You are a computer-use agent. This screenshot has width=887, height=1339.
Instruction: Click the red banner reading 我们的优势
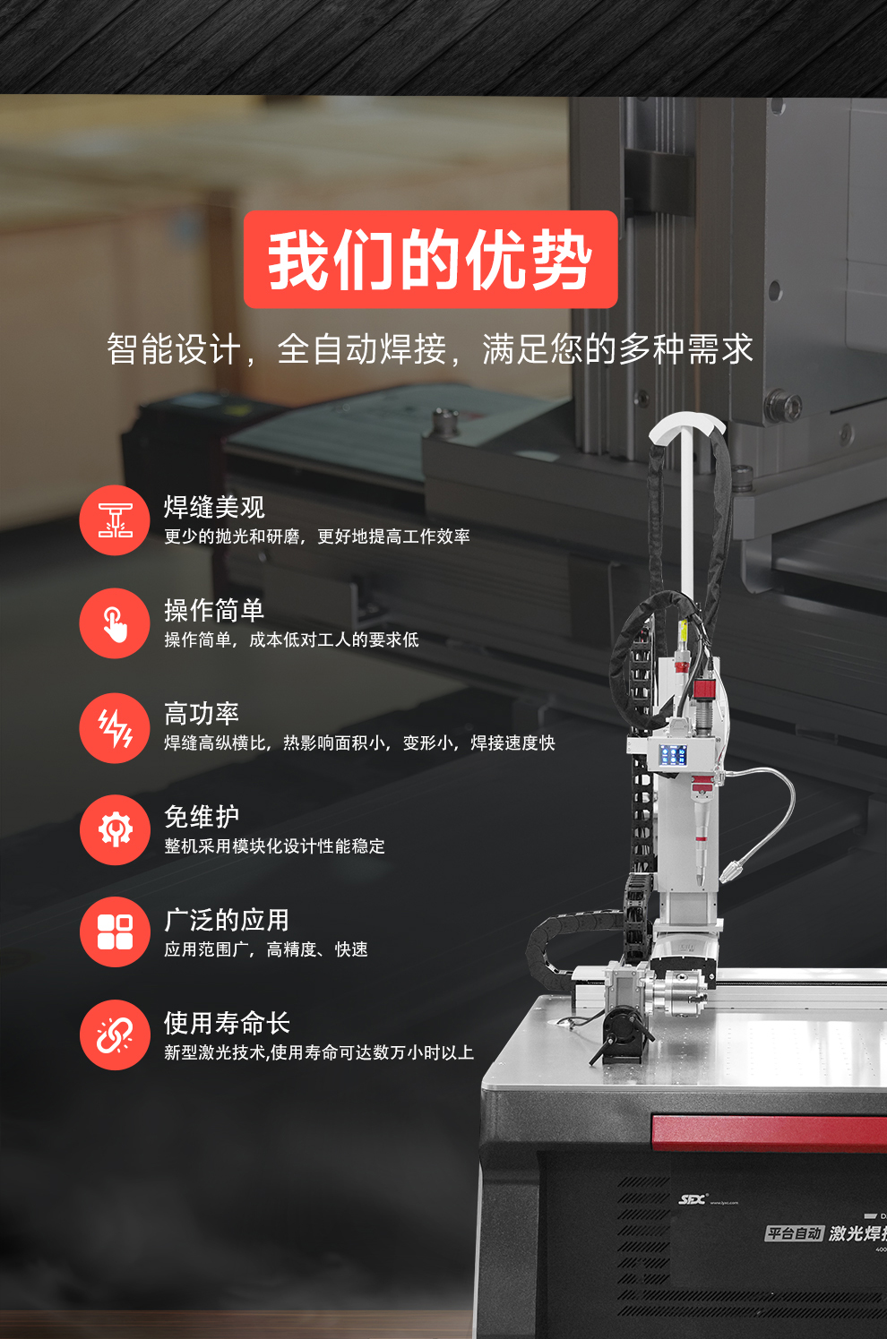tap(430, 260)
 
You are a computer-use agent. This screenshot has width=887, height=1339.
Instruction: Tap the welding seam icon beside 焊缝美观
tap(115, 520)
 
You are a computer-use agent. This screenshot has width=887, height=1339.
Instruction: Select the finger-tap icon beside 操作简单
tap(115, 623)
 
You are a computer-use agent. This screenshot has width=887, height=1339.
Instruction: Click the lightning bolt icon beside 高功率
tap(115, 727)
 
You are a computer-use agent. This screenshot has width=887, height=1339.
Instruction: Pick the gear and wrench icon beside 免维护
tap(115, 830)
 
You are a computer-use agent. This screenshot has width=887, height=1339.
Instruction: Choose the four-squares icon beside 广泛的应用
tap(115, 931)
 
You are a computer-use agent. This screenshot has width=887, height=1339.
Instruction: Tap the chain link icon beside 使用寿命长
tap(115, 1035)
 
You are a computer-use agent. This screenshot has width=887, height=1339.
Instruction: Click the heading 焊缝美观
tap(214, 507)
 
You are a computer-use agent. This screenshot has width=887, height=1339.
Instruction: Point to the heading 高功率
tap(202, 714)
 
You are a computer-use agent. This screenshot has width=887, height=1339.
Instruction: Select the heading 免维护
tap(202, 817)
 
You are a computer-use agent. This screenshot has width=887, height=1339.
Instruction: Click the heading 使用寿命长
tap(227, 1023)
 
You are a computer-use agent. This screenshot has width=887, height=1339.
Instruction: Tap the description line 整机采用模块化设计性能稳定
tap(274, 846)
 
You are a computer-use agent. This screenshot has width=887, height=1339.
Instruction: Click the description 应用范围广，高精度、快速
tap(265, 949)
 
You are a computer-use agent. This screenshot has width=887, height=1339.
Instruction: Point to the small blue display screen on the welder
tap(674, 755)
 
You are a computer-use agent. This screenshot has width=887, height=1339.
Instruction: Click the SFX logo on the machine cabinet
tap(693, 1199)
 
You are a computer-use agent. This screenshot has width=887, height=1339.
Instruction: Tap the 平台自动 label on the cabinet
tap(794, 1233)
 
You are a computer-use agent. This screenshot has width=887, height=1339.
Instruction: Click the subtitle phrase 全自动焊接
tap(362, 349)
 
